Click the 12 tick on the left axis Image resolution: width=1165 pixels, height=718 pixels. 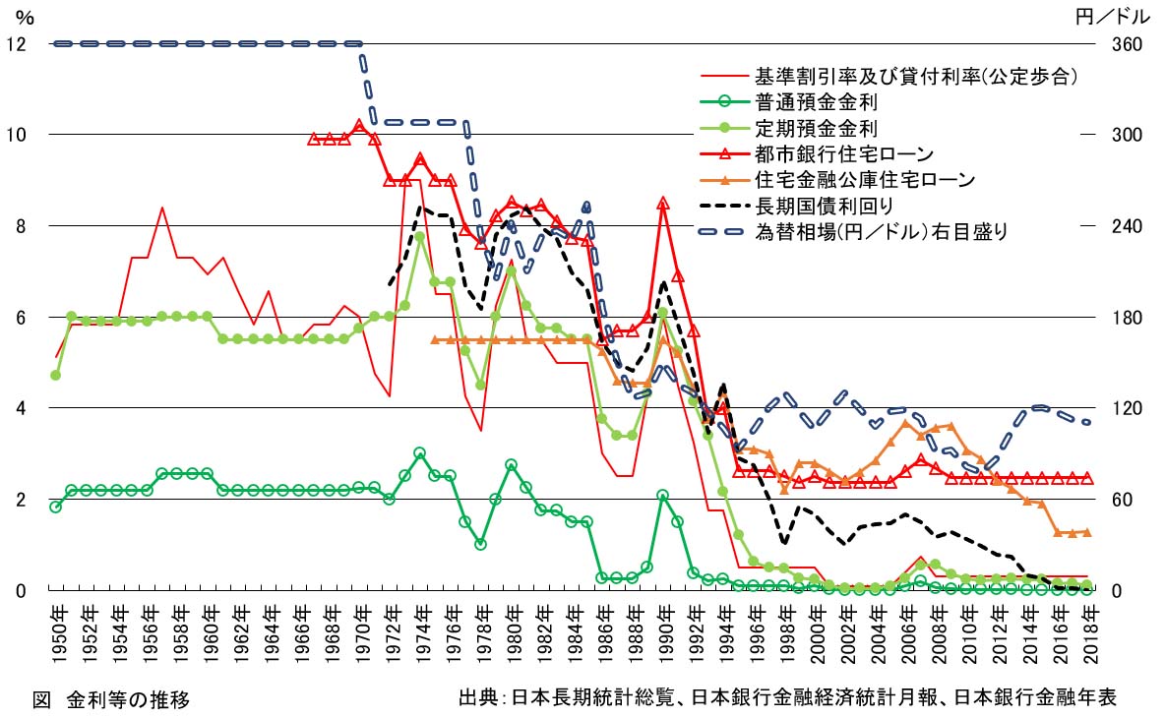click(15, 43)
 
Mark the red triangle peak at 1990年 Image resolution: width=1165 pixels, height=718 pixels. click(663, 204)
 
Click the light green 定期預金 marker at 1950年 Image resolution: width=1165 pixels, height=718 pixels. click(56, 375)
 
